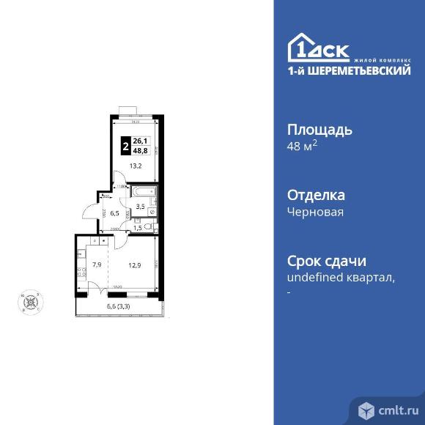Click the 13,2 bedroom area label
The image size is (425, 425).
(x=136, y=166)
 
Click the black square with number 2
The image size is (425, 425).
(x=127, y=146)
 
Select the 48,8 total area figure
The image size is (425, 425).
(x=140, y=150)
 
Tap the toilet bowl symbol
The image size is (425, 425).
(x=150, y=228)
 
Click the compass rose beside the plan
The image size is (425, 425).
(x=31, y=301)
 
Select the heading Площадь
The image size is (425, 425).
(x=319, y=130)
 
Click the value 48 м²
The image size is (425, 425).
(x=301, y=146)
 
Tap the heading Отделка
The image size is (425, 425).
(x=314, y=196)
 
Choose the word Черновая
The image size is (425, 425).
(x=314, y=212)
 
